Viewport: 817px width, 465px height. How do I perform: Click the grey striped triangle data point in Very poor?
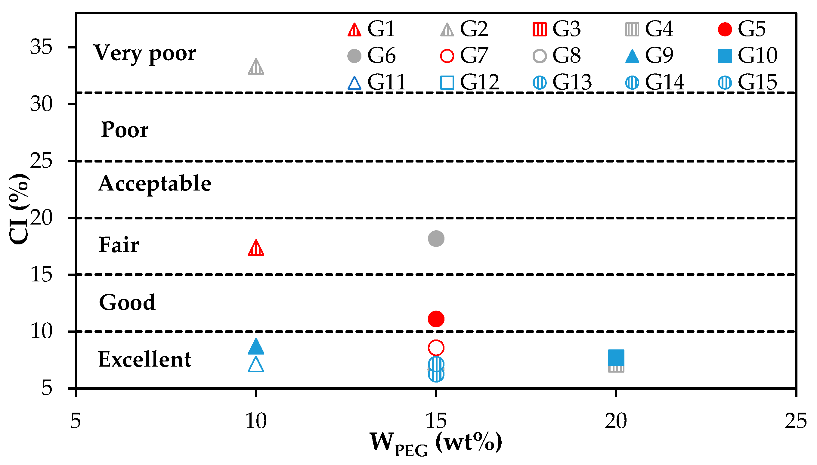click(256, 67)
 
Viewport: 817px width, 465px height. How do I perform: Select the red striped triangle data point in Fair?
click(256, 249)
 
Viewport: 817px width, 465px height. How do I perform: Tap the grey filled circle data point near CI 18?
click(436, 238)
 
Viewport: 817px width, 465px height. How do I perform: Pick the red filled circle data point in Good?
click(436, 319)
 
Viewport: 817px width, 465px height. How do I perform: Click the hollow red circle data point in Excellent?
click(436, 348)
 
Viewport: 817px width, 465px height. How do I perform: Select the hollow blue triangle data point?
click(256, 365)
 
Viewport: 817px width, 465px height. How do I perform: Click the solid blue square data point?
click(616, 357)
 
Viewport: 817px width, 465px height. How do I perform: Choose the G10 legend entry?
click(747, 56)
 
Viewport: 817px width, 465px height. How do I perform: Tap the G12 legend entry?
click(470, 82)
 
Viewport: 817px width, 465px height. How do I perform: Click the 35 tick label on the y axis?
click(41, 47)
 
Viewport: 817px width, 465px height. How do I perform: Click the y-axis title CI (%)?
click(19, 209)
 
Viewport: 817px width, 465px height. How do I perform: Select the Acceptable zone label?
click(155, 184)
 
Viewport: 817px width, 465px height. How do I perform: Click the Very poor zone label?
click(145, 53)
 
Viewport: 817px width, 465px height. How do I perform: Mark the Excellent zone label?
click(145, 359)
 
